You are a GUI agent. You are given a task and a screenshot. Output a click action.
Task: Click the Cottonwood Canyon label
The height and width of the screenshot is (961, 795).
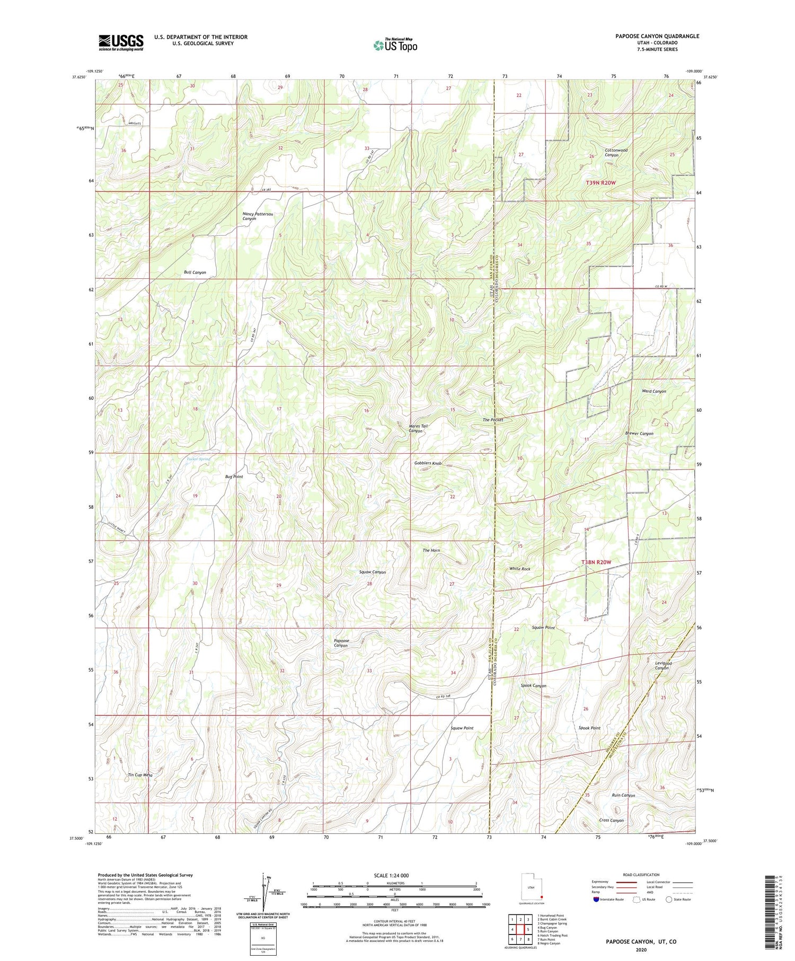(615, 153)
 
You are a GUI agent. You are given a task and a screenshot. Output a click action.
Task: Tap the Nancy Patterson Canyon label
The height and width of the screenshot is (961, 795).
(258, 216)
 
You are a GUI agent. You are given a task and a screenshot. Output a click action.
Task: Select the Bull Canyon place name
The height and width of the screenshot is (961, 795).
(195, 272)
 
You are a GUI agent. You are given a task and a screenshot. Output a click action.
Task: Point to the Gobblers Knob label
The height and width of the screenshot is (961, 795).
(428, 463)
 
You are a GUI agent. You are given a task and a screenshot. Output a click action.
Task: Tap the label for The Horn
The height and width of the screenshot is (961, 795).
(431, 550)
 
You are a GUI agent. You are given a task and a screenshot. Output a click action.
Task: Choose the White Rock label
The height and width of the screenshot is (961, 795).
(519, 569)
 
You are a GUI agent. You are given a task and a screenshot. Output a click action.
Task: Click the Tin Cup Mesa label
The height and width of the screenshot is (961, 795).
(140, 775)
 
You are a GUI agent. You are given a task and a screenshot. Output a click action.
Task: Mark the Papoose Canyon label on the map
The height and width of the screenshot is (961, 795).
(341, 643)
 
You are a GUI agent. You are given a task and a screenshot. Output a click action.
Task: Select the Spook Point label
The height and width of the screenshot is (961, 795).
(589, 728)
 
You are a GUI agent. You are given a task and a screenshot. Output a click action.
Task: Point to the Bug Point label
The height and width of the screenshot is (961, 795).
(234, 477)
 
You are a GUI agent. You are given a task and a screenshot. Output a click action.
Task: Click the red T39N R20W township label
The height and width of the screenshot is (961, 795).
(601, 183)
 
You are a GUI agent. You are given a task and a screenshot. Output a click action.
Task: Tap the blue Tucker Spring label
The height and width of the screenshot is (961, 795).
(198, 459)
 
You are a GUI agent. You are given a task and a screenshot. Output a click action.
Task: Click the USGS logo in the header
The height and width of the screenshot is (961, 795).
(121, 42)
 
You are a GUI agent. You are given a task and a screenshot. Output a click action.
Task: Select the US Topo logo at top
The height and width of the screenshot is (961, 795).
(395, 45)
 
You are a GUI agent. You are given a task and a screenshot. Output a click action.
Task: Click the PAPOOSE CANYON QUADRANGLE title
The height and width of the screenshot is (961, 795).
(649, 36)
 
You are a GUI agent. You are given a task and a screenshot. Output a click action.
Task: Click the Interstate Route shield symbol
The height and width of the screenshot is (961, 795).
(596, 900)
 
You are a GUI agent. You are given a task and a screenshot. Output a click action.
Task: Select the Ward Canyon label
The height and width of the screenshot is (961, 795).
(653, 391)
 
